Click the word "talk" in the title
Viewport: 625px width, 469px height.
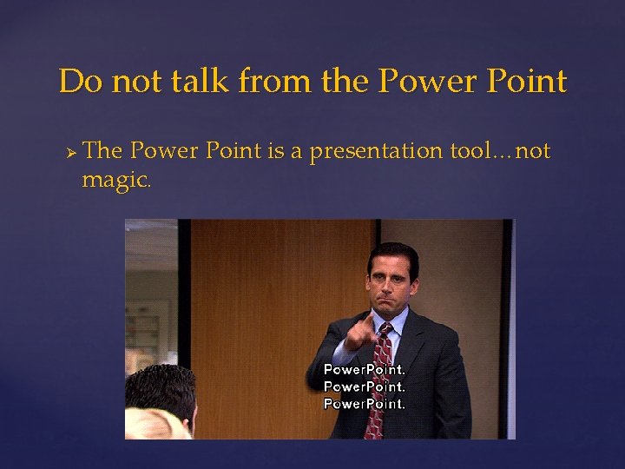tap(201, 82)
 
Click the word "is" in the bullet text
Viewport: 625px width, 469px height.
tap(276, 151)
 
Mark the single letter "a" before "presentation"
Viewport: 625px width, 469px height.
tap(297, 153)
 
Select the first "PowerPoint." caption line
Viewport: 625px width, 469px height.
tap(365, 369)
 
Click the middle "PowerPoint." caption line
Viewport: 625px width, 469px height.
tap(365, 386)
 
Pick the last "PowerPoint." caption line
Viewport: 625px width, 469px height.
tap(365, 404)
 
